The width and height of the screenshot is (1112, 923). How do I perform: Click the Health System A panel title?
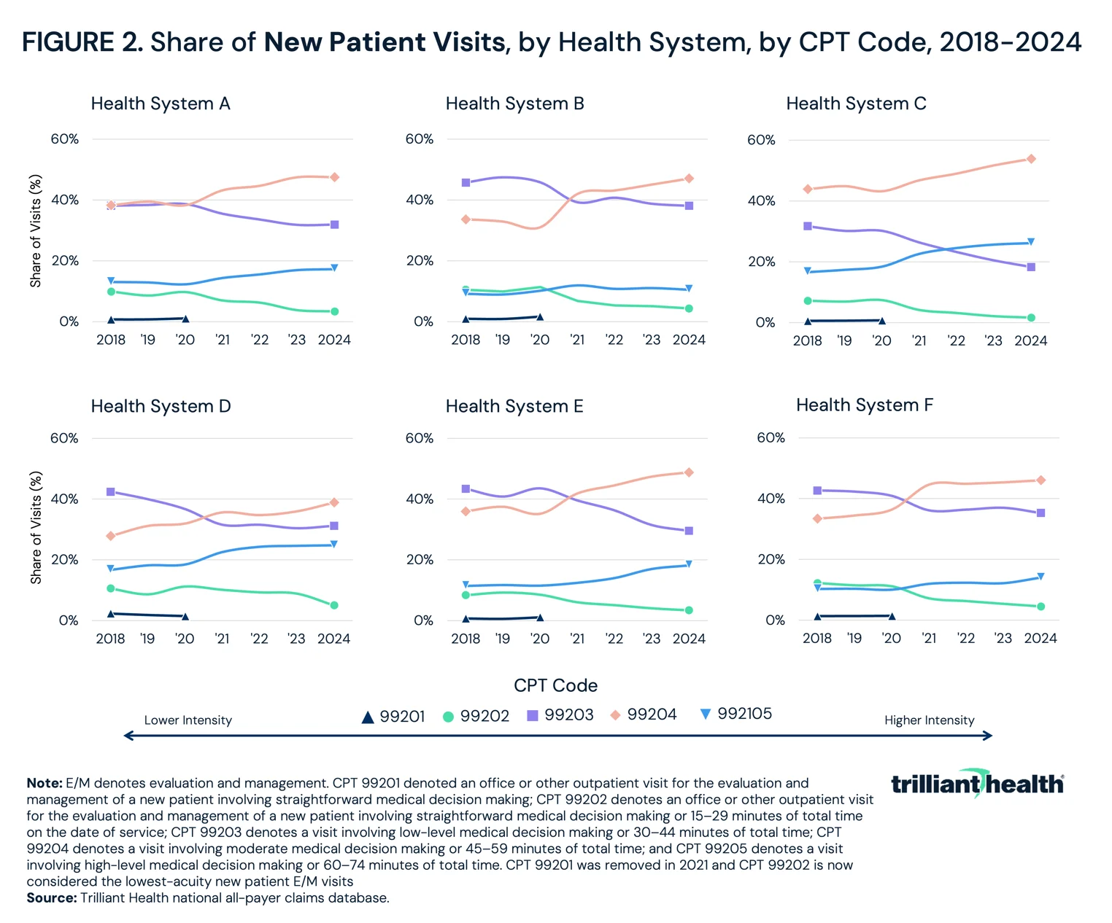161,104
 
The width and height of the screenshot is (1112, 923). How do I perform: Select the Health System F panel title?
864,405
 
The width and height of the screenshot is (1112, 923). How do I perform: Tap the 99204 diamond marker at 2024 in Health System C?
1031,159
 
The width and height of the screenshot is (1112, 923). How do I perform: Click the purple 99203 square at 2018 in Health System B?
466,182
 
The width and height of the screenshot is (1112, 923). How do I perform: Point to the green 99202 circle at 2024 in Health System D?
334,605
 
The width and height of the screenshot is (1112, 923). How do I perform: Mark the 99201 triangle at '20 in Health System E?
540,618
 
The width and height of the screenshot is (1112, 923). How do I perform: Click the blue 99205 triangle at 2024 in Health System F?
1041,577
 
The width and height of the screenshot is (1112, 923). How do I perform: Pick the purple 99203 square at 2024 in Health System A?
334,225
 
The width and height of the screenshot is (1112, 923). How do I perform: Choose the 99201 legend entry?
393,717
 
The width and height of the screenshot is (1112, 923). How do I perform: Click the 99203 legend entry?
560,715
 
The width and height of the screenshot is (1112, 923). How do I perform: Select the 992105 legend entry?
735,714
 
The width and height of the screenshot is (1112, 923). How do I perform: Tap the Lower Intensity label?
188,720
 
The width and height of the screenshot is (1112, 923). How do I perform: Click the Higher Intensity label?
929,720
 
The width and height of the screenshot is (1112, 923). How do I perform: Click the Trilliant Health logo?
977,784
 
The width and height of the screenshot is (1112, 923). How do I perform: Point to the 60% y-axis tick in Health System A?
64,139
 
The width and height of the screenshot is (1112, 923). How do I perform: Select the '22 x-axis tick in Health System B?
614,340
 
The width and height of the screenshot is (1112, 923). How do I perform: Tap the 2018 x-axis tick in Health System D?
111,639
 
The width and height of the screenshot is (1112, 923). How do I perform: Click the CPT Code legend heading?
555,685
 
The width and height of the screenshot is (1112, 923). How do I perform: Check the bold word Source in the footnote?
51,898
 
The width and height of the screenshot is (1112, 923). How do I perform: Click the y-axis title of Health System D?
36,528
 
